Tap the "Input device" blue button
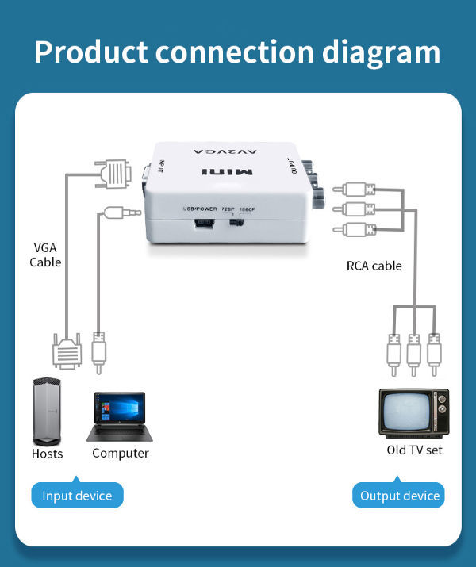(77, 496)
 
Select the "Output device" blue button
(399, 496)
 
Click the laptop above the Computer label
(116, 416)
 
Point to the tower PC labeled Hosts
(47, 412)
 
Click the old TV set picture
(413, 412)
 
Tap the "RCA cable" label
(374, 266)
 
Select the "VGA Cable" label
(45, 254)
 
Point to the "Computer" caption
(121, 454)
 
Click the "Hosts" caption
(47, 454)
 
